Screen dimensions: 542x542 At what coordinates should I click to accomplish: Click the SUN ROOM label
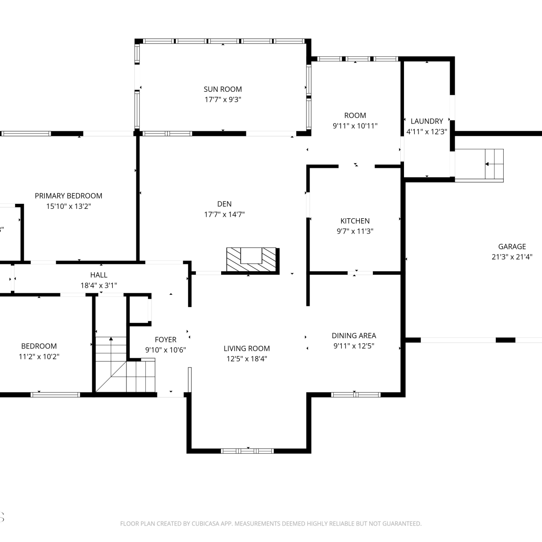pos(223,89)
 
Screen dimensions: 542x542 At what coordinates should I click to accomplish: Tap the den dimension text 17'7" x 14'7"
pos(224,214)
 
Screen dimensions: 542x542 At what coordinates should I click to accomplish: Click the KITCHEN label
pos(355,221)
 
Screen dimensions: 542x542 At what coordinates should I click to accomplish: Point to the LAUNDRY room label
pos(427,121)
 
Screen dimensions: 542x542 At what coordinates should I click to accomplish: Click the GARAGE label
pos(512,246)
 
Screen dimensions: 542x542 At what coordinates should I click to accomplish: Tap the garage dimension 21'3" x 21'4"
pos(512,257)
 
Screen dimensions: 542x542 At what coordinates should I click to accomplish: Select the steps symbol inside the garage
pos(479,165)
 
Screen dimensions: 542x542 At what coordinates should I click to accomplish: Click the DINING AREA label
pos(354,336)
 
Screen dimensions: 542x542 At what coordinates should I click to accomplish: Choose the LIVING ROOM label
pos(247,348)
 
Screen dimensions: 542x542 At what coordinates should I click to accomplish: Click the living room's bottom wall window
pos(248,451)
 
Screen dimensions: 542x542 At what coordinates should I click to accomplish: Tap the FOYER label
pos(165,340)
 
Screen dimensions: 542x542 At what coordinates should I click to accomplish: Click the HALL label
pos(99,275)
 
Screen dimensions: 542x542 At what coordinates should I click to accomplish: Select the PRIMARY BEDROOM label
pos(68,196)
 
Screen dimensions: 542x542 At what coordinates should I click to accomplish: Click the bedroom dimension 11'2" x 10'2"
pos(39,357)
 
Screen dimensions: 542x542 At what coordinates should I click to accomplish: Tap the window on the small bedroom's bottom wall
pos(55,395)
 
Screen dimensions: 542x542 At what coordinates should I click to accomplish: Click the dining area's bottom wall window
pos(356,395)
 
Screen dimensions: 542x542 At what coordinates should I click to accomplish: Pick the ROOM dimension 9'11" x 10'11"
pos(355,126)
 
